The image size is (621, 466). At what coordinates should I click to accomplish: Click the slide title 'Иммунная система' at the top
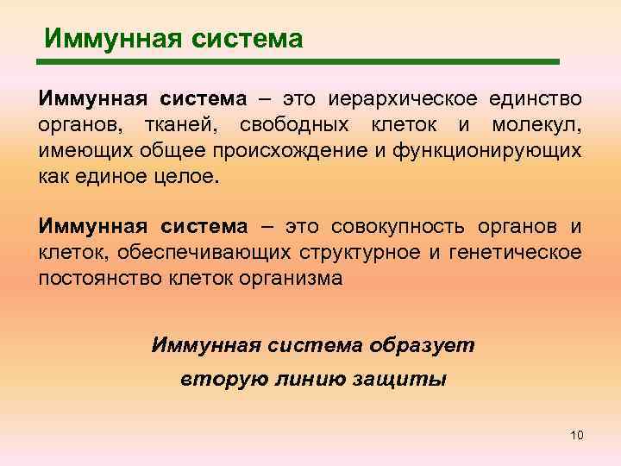pos(173,39)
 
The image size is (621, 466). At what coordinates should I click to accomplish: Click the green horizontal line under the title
pos(298,62)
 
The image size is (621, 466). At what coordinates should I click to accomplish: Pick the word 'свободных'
pos(295,126)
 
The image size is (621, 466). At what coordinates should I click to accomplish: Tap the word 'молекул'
pos(536,126)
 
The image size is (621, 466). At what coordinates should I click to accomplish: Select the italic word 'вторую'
pos(215,380)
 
